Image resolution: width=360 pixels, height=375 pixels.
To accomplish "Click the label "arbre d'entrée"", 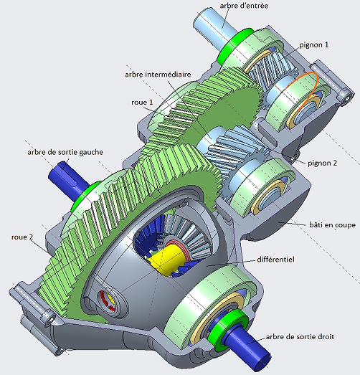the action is pyautogui.click(x=244, y=6).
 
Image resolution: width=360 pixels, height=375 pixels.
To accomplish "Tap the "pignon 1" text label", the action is pyautogui.click(x=314, y=44).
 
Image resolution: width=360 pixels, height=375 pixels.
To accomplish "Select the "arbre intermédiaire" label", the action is pyautogui.click(x=158, y=75).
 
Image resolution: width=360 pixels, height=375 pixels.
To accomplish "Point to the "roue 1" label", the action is pyautogui.click(x=142, y=102).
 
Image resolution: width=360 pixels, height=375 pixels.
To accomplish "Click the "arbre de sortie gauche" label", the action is pyautogui.click(x=65, y=152).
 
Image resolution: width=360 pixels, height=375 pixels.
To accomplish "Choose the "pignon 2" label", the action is pyautogui.click(x=322, y=163).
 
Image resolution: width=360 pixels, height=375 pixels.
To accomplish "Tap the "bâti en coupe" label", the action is pyautogui.click(x=332, y=225).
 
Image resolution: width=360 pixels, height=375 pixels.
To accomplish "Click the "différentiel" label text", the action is pyautogui.click(x=275, y=260).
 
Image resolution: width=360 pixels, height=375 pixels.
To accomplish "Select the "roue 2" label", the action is pyautogui.click(x=22, y=237).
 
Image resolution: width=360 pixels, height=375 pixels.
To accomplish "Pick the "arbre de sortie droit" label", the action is pyautogui.click(x=300, y=337).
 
